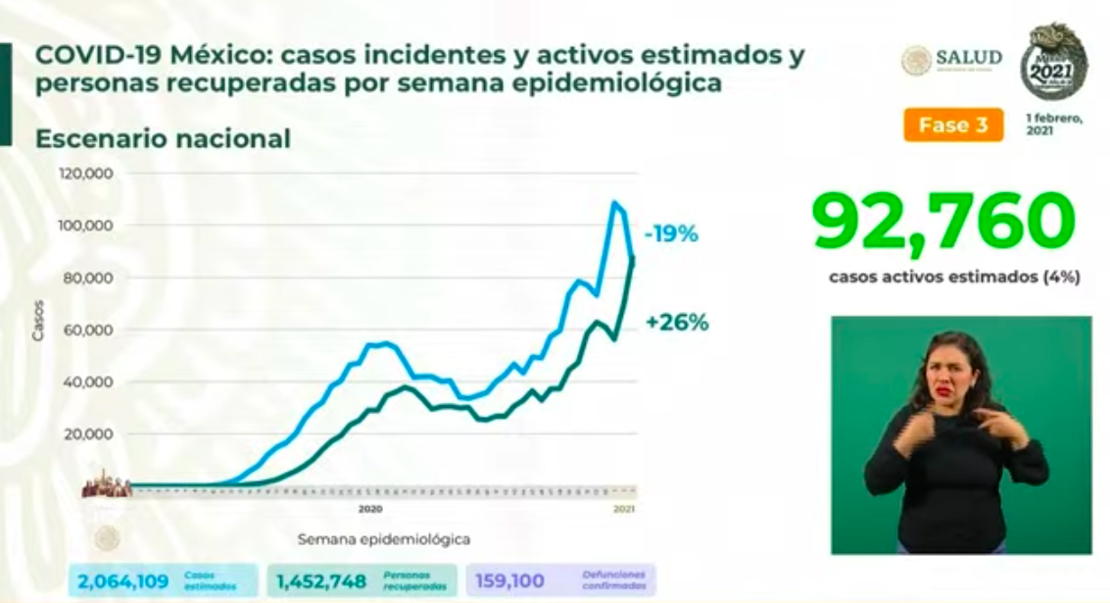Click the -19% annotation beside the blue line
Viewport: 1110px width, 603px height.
coord(670,234)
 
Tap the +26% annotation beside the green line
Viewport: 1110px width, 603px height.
coord(676,323)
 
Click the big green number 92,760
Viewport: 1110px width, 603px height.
coord(943,223)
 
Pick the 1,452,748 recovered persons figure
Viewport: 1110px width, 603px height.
coord(319,581)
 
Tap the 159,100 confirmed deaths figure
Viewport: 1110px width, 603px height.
coord(509,581)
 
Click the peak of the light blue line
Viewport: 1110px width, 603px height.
coord(614,203)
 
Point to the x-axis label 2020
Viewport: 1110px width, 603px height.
coord(369,510)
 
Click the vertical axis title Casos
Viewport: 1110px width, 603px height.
coord(38,325)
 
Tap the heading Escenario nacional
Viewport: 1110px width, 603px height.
coord(163,139)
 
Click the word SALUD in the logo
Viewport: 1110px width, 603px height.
coord(968,58)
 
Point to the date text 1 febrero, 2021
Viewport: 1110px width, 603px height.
coord(1053,124)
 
